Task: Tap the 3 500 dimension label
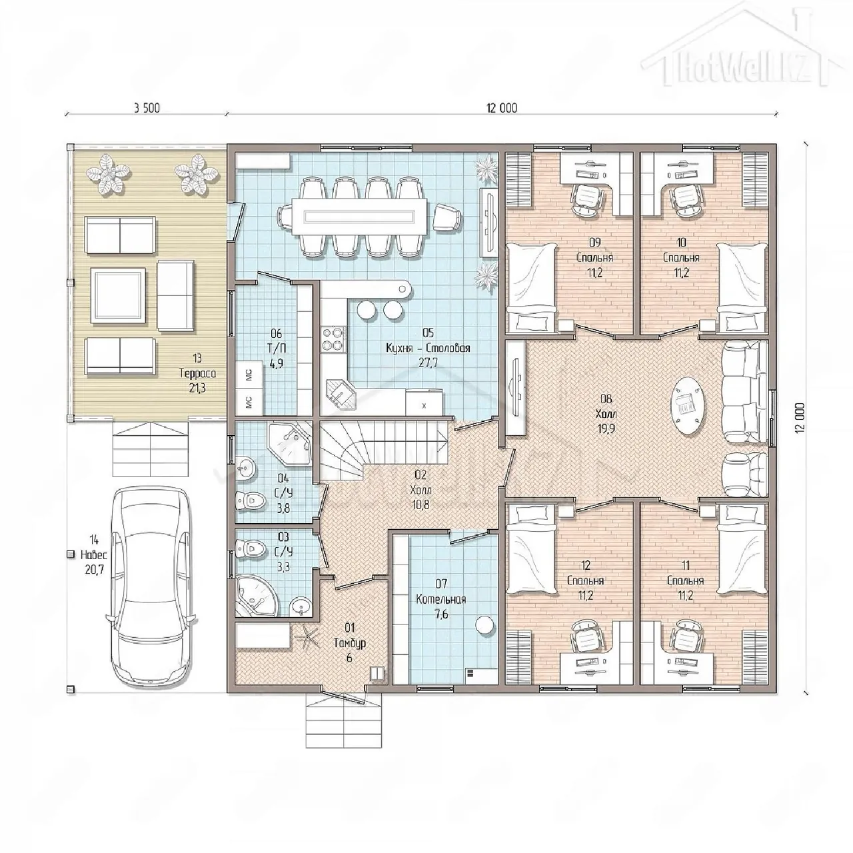tap(147, 108)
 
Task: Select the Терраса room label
tap(197, 373)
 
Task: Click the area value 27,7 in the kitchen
tap(428, 363)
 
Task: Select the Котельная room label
tap(441, 599)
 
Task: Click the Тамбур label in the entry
tap(350, 642)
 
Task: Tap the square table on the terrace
tap(118, 296)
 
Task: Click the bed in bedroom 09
tap(530, 288)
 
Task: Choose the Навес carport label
tap(93, 554)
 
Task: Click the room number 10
tap(681, 242)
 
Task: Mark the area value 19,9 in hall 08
tap(606, 428)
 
